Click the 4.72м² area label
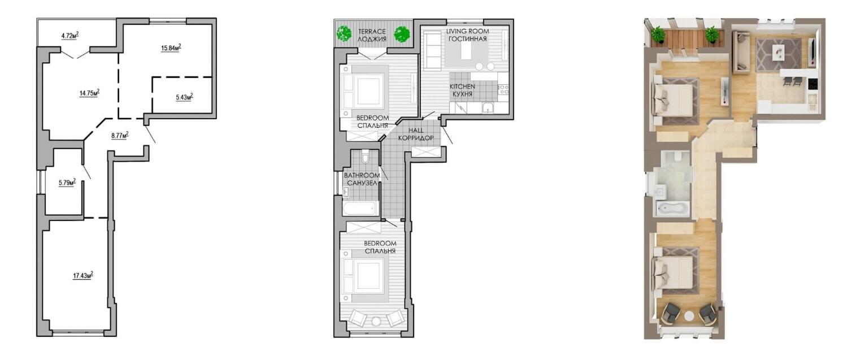70,36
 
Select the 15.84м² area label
171,48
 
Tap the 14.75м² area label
89,93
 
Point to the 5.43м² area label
184,97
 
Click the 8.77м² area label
120,135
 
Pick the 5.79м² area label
67,183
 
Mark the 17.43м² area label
83,275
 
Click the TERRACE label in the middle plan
371,31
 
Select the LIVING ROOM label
468,31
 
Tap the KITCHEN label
462,86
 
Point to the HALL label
416,131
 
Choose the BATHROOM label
362,175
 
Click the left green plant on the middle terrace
344,33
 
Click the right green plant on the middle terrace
402,34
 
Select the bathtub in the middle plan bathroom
360,209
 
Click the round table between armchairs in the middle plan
376,322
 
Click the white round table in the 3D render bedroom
689,316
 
